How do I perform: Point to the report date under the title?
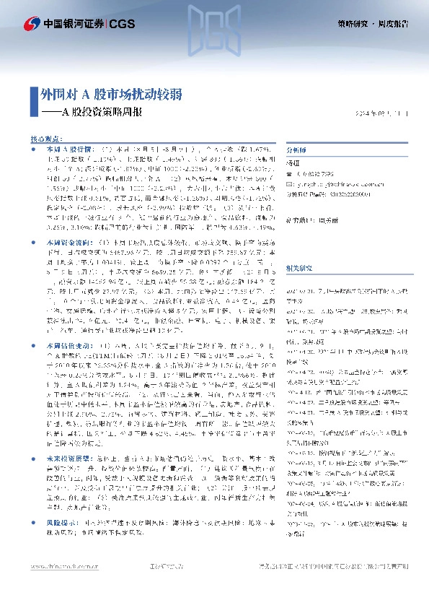pyautogui.click(x=381, y=113)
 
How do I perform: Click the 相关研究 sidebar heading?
pyautogui.click(x=300, y=247)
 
